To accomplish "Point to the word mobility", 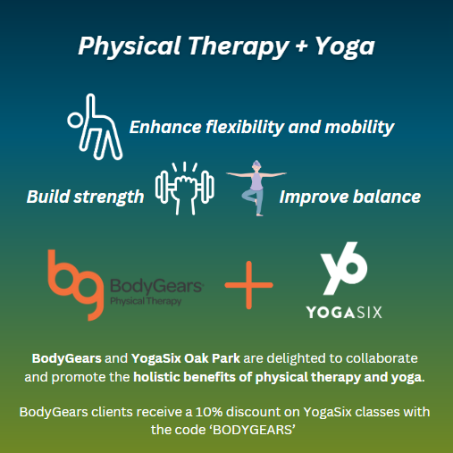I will point(357,127).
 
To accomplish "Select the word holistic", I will point(160,377).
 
